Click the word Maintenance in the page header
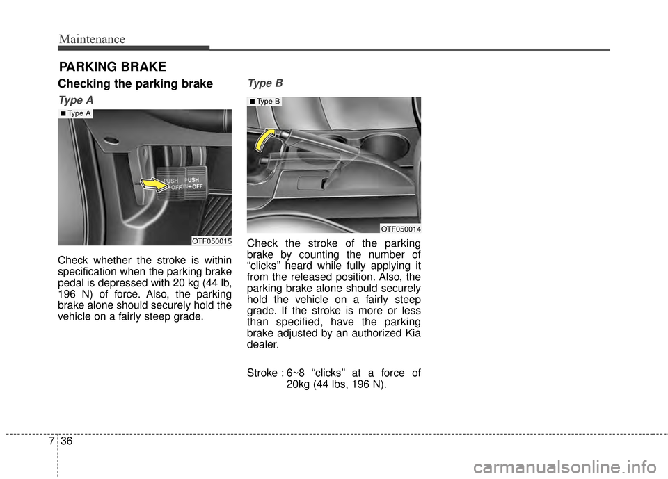coord(92,40)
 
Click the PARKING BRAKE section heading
coord(112,67)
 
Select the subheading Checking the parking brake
coord(135,84)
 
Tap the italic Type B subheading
coord(264,83)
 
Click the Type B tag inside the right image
coord(265,102)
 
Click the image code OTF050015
coord(211,241)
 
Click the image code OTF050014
coord(400,229)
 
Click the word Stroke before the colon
coord(262,373)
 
